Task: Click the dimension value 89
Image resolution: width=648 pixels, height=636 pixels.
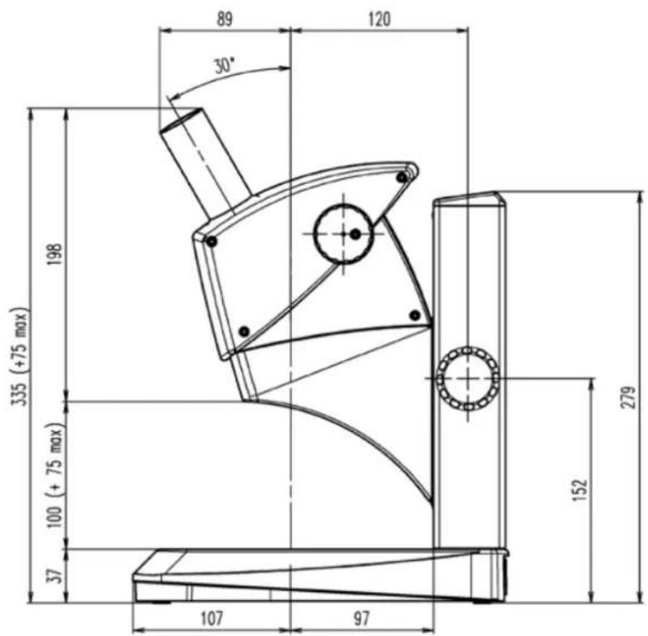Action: (225, 19)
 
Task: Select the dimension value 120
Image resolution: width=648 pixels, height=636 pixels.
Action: (379, 19)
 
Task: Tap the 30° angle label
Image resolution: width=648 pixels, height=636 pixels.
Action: (225, 66)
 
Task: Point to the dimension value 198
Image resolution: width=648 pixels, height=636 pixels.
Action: (55, 254)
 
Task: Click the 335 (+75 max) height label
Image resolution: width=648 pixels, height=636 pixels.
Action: (20, 356)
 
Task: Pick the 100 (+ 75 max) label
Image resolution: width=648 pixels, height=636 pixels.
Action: (55, 476)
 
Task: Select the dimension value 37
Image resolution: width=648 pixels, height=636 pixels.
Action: (55, 575)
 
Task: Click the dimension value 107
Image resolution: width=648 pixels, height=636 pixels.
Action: (211, 619)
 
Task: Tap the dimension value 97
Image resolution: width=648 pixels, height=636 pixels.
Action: (361, 619)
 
